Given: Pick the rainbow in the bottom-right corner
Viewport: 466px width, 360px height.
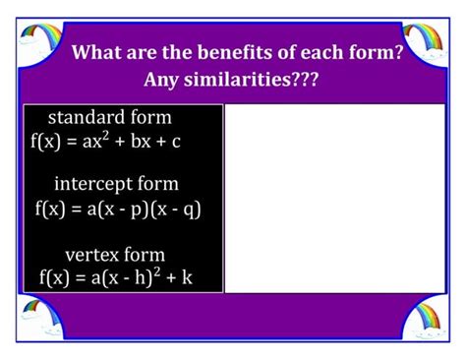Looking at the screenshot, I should click(425, 318).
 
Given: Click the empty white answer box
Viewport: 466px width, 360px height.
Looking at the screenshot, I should click(335, 198).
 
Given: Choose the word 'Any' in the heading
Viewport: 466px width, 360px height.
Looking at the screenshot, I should click(164, 78).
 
